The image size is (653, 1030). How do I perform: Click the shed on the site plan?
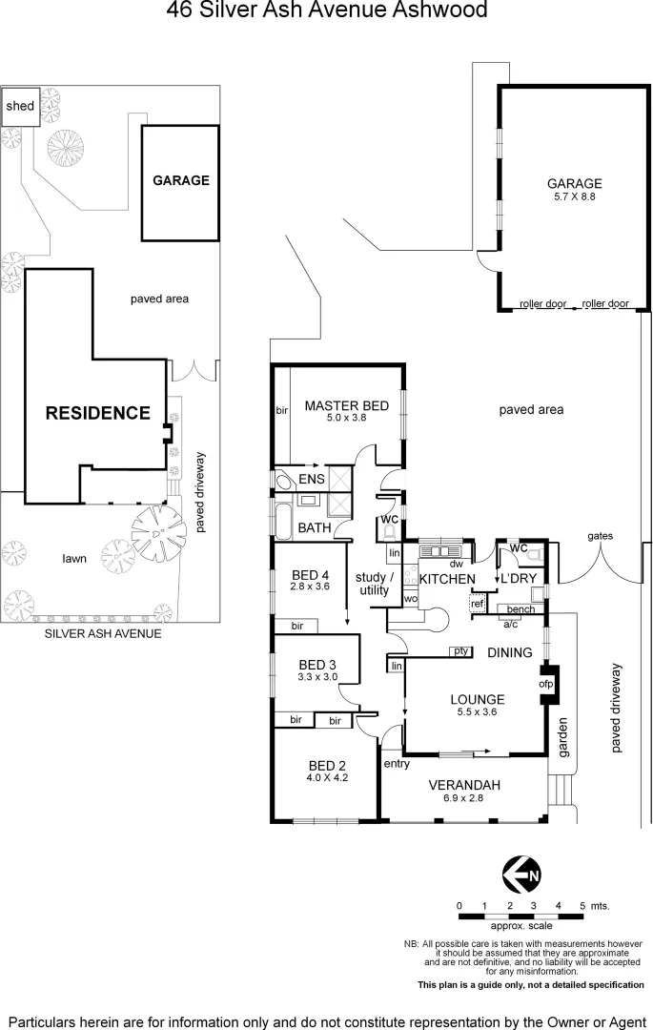click(x=19, y=106)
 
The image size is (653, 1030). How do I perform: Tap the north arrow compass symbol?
click(x=521, y=873)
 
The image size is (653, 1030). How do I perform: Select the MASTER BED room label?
click(x=346, y=406)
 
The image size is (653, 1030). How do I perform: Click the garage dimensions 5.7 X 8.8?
click(x=574, y=197)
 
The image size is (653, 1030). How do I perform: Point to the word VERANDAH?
click(x=465, y=785)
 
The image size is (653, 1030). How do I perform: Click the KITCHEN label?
click(x=447, y=579)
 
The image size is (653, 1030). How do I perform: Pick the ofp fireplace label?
click(x=546, y=684)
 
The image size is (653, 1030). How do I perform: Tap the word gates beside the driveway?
click(x=600, y=536)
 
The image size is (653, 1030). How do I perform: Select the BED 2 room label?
click(x=322, y=765)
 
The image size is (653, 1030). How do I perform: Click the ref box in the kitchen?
click(x=477, y=604)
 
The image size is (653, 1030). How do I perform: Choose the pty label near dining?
click(x=461, y=651)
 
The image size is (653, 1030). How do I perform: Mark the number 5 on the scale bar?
click(x=582, y=905)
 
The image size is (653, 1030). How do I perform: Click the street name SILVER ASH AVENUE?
click(x=103, y=633)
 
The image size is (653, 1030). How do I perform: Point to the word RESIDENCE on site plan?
click(x=98, y=413)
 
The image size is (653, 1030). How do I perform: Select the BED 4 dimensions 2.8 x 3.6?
click(x=309, y=587)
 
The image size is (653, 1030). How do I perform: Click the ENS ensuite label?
click(x=312, y=479)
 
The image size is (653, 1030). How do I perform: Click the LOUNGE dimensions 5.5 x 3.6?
click(x=476, y=711)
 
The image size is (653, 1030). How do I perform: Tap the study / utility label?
click(x=374, y=584)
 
